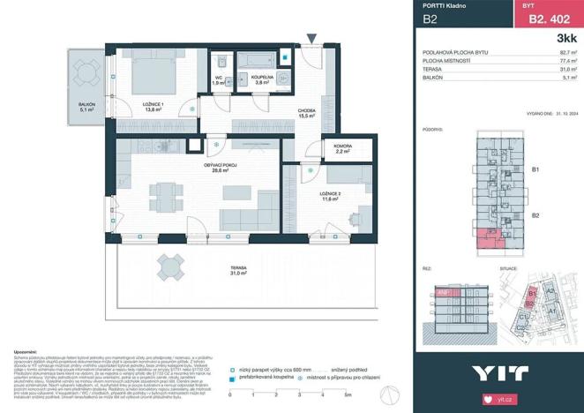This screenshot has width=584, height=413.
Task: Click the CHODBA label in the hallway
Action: [308, 112]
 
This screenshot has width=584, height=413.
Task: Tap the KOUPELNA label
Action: [261, 79]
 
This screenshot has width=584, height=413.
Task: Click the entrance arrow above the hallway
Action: [311, 38]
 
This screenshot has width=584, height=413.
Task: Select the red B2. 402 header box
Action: [546, 14]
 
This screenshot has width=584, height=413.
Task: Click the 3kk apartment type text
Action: [567, 38]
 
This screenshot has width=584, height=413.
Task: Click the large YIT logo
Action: [498, 372]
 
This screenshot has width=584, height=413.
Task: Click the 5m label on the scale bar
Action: [348, 393]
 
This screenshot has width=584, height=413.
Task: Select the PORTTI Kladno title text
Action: [447, 6]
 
